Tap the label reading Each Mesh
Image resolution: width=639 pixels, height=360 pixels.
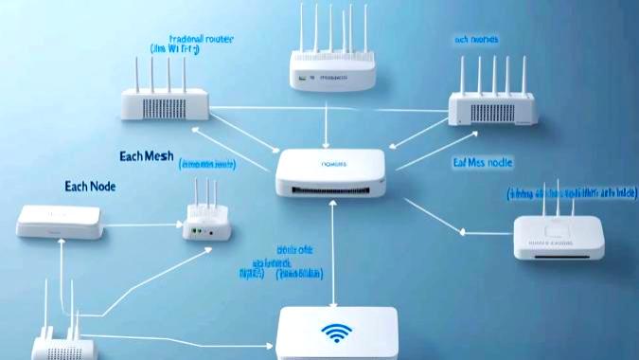click(147, 156)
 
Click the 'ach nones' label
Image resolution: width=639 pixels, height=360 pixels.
click(476, 40)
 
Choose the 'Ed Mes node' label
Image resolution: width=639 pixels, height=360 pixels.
click(482, 163)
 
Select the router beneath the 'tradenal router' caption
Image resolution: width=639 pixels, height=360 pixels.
click(165, 101)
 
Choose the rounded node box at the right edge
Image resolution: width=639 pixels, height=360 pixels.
click(558, 238)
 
